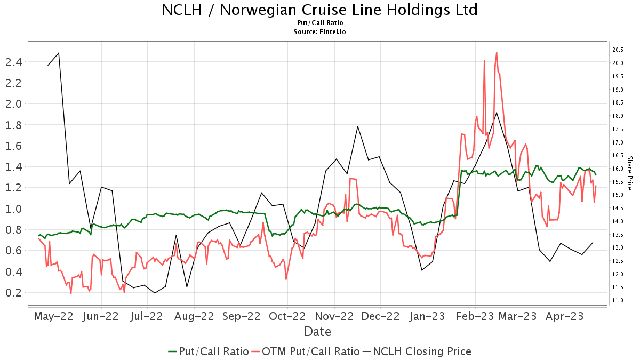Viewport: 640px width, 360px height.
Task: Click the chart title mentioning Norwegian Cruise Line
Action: click(319, 10)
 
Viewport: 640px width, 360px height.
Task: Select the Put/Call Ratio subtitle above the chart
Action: click(319, 23)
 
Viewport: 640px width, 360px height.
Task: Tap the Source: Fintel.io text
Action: click(319, 32)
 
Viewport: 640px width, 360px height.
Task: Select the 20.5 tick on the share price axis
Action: click(618, 50)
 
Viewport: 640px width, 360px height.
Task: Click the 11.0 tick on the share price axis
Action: click(618, 301)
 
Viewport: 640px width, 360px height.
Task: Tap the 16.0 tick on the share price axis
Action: click(618, 169)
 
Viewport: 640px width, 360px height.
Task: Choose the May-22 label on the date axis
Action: click(54, 316)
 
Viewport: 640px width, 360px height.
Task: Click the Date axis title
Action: click(317, 332)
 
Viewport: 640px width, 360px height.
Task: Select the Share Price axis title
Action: click(629, 173)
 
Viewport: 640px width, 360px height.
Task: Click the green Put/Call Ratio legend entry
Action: click(209, 351)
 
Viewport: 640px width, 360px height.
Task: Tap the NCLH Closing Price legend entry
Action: click(417, 351)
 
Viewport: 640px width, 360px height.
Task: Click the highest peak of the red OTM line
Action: click(497, 52)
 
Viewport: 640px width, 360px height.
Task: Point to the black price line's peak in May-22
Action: click(59, 53)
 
